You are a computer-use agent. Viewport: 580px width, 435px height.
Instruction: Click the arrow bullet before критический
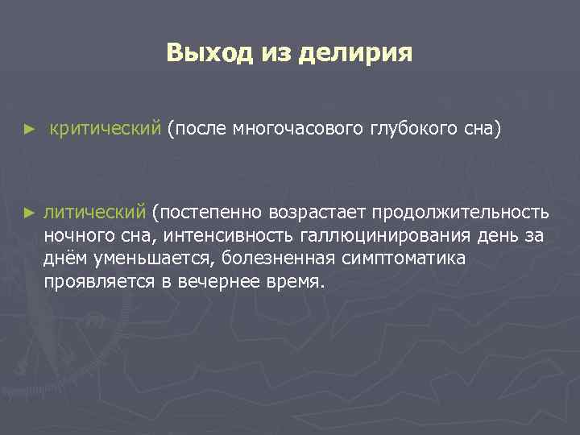click(30, 129)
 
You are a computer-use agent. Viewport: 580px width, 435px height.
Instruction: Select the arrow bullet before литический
click(30, 213)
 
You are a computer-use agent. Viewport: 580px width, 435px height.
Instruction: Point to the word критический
click(106, 128)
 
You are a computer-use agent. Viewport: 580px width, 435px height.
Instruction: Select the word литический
click(95, 212)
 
